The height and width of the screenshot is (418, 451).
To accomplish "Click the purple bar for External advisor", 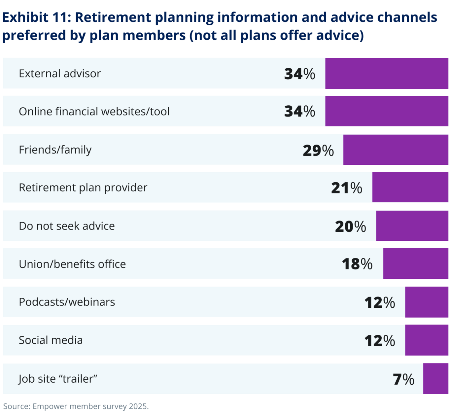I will pos(387,73).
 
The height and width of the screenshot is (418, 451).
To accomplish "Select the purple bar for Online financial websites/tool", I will pos(387,111).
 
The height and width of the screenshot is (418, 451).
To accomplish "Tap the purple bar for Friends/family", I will pos(396,150).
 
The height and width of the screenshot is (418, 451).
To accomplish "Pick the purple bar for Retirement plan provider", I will pos(410,187).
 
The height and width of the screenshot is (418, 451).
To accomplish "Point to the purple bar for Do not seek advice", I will pos(412,226).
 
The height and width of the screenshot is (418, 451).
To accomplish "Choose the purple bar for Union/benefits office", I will pos(416,264).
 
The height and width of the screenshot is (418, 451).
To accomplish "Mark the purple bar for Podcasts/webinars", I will pos(427,302).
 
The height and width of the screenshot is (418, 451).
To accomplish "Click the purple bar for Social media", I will pos(427,340).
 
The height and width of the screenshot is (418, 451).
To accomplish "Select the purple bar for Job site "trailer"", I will pos(435,379).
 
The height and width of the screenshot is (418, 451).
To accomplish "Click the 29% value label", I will pos(318,150).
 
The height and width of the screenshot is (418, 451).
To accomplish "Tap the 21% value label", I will pos(347,188).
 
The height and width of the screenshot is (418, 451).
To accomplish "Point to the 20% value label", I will pos(350,226).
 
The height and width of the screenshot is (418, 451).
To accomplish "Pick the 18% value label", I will pos(357,264).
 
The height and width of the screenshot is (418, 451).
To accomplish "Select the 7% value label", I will pos(403,379).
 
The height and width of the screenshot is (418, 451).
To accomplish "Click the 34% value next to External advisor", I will pos(299,74).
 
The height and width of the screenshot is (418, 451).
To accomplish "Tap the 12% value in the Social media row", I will pos(379,341).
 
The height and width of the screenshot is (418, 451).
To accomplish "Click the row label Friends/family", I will pos(55,150).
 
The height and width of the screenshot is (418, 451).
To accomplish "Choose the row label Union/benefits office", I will pos(72,264).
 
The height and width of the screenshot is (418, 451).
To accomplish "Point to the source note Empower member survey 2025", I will pos(76,406).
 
